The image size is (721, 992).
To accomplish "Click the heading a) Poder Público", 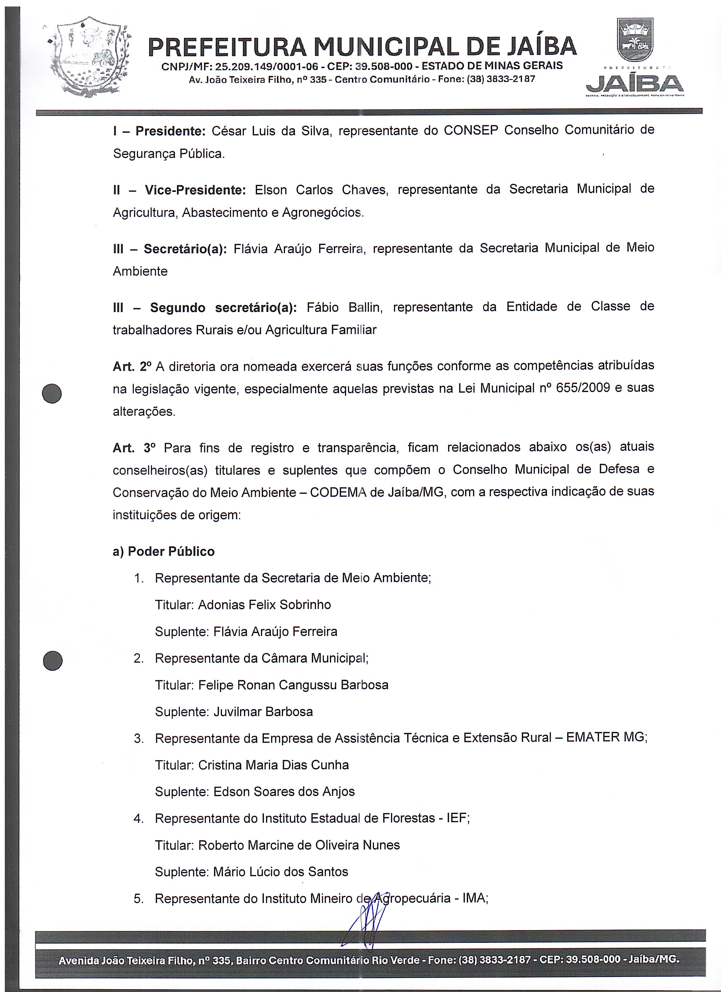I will click(x=164, y=551).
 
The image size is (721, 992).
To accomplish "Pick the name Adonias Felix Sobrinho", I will click(x=264, y=605).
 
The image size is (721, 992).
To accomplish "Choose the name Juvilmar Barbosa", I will click(x=263, y=712).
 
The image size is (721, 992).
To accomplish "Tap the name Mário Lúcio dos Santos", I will click(x=280, y=872).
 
